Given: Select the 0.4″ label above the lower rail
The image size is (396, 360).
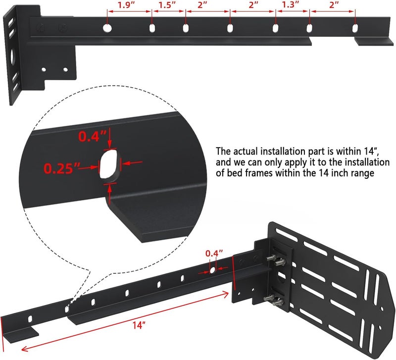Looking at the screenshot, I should [212, 254].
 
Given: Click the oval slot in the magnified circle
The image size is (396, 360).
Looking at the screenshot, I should [109, 164].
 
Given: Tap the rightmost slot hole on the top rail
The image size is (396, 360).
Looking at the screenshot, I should [355, 28].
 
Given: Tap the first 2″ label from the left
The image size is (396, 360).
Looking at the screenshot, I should [202, 5].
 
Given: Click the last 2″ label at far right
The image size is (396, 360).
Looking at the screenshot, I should [334, 5].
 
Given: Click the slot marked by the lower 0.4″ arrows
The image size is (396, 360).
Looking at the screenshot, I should [212, 270].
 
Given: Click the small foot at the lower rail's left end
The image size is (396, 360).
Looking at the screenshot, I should [25, 331].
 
